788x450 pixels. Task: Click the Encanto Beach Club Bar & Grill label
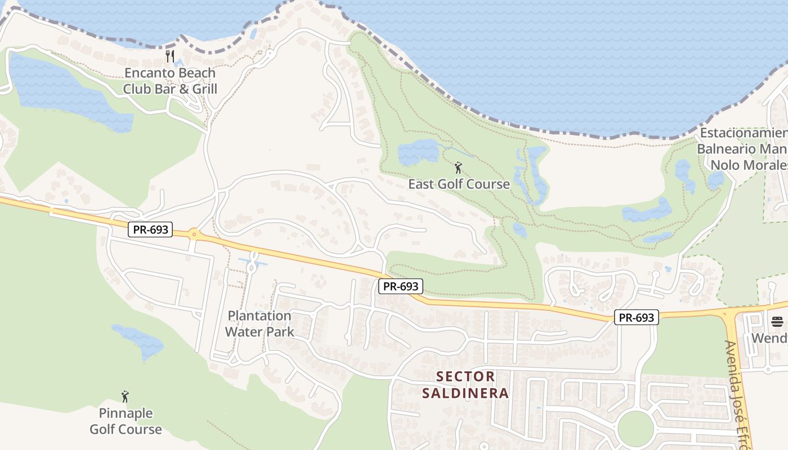click(x=170, y=80)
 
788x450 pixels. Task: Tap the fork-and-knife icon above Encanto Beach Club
click(x=170, y=56)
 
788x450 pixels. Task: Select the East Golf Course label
click(x=459, y=184)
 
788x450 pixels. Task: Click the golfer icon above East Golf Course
click(x=458, y=168)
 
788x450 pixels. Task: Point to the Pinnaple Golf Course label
click(x=126, y=421)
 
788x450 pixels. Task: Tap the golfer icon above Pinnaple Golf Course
click(x=125, y=397)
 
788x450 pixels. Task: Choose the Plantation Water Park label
click(x=259, y=323)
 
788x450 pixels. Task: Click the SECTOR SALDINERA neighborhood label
click(x=465, y=384)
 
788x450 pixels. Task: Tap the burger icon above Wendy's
click(x=777, y=322)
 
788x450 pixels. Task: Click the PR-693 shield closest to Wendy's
click(x=636, y=317)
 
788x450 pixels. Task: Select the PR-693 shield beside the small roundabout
click(x=150, y=229)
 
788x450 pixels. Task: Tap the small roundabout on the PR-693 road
click(x=194, y=233)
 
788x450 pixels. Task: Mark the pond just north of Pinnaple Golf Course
click(x=138, y=340)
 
